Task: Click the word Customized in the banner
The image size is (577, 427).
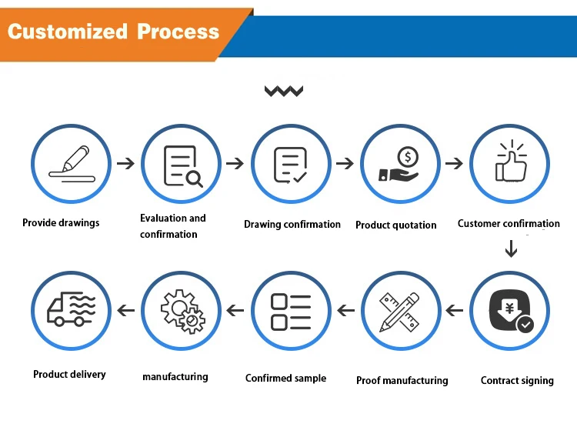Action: tap(68, 32)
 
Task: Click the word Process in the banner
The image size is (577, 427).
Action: tap(178, 32)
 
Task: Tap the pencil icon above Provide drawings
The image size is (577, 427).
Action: tap(76, 158)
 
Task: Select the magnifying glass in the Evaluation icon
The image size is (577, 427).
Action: tap(194, 179)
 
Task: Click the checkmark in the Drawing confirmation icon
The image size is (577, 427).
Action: tap(300, 178)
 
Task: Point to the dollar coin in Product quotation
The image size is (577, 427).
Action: tap(408, 157)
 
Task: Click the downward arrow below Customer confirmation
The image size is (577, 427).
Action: tap(511, 249)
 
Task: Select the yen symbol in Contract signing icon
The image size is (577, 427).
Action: tap(509, 308)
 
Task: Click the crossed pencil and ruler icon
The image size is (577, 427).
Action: tap(399, 312)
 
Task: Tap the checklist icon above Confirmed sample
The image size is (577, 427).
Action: tap(291, 312)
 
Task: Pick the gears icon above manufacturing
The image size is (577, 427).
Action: tap(183, 312)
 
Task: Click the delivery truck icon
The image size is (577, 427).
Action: tap(71, 309)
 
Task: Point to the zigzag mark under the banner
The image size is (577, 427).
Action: tap(284, 91)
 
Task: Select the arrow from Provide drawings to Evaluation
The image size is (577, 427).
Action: tap(126, 163)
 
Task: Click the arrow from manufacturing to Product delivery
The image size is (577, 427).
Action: tap(126, 310)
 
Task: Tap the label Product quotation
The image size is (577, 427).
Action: tap(396, 225)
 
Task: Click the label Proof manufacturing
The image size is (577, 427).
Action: tap(402, 380)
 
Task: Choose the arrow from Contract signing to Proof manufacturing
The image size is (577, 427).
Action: tap(455, 310)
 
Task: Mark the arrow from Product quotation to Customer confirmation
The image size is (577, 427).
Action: tap(454, 163)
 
